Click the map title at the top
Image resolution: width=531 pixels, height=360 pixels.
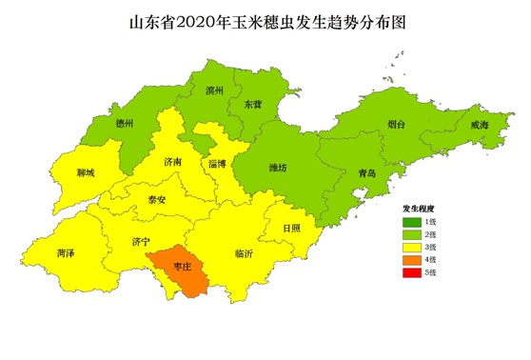265,21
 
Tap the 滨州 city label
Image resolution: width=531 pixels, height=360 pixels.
214,91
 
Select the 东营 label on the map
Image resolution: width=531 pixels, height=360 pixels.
252,103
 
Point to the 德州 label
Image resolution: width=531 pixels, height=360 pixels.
124,123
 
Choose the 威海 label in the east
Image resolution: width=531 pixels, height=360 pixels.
479,126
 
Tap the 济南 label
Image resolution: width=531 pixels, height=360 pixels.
173,161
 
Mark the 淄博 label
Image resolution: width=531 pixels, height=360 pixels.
217,164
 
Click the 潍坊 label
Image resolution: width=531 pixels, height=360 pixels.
278,168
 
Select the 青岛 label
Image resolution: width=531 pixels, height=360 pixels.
366,173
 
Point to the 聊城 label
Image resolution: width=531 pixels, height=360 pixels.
85,175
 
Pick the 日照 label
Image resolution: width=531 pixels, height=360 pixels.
291,228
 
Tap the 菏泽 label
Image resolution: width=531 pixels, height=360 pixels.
67,254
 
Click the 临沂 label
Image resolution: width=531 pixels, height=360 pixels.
245,254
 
